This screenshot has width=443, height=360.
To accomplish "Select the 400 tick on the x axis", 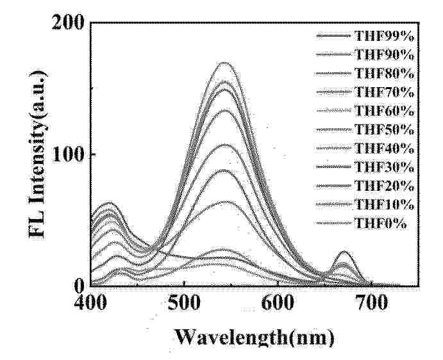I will point(91,301).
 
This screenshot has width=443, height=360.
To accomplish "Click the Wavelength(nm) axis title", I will point(255,336).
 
